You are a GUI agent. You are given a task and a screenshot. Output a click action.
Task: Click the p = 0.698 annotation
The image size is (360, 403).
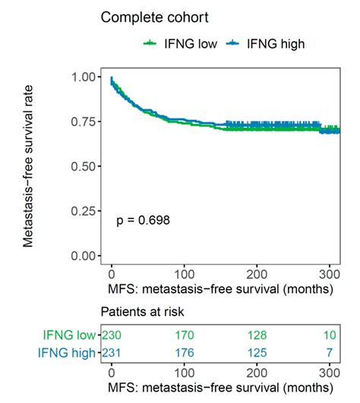point(143,221)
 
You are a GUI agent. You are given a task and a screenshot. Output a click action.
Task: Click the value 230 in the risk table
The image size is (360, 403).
point(112,335)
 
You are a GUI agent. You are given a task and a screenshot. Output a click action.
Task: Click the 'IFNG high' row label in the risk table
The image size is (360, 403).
point(68,352)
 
